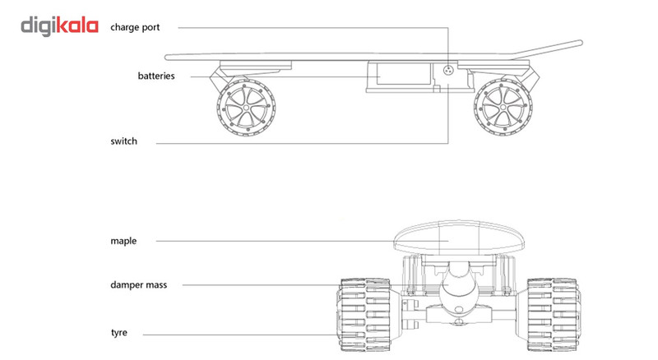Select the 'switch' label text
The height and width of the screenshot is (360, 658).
click(123, 141)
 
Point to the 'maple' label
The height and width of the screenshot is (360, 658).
click(123, 241)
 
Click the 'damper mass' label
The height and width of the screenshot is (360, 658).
click(138, 284)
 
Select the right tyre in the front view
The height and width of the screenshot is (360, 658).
click(544, 312)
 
